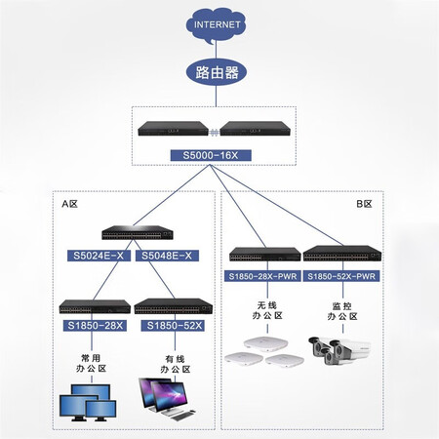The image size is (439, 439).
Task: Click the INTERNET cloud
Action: [216, 25]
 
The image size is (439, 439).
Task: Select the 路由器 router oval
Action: [217, 72]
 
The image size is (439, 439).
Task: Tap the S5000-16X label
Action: [211, 155]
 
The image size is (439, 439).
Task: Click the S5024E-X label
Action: [99, 256]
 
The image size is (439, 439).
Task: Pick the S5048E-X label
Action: [167, 256]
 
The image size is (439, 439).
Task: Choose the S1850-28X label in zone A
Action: [95, 326]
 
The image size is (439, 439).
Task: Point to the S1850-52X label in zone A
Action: [173, 326]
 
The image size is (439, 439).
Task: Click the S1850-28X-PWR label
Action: [262, 276]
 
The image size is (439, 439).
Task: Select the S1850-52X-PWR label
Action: [341, 276]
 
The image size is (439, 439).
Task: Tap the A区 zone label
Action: [70, 204]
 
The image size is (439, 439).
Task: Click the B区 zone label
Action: [364, 204]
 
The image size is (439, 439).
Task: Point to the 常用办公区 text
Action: [91, 363]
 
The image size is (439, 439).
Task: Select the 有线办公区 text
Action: [176, 364]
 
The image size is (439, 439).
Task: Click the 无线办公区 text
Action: [267, 310]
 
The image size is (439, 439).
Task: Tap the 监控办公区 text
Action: [342, 311]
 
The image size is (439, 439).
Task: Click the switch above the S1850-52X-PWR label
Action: [342, 254]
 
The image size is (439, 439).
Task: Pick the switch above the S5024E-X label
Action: [138, 232]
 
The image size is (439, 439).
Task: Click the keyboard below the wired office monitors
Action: [180, 416]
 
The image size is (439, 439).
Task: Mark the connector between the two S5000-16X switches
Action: [214, 132]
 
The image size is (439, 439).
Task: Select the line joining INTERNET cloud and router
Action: [216, 51]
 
